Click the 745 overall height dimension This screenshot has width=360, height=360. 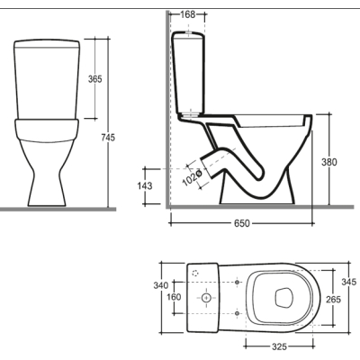(x=108, y=138)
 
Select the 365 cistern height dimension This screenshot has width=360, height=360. (x=95, y=79)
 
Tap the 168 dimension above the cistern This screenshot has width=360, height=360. (x=188, y=14)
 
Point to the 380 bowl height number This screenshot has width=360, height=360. (x=329, y=162)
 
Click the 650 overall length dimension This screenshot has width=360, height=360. (x=242, y=223)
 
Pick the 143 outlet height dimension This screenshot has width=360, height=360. (x=145, y=185)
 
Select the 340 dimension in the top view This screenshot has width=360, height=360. (x=161, y=285)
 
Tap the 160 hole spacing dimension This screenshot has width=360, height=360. (x=174, y=297)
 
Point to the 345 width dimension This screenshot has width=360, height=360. (x=349, y=282)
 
